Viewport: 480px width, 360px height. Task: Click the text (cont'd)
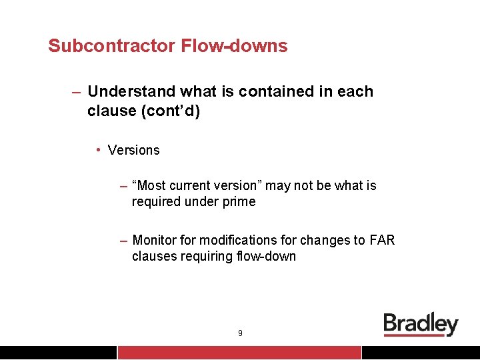tap(170, 111)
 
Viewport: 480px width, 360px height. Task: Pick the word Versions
tap(133, 150)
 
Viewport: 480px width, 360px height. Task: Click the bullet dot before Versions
tap(98, 150)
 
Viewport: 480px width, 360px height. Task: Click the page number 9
tap(240, 333)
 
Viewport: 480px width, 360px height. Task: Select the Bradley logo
tap(421, 325)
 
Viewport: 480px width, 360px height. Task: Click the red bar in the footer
tap(239, 353)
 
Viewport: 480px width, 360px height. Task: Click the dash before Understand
tap(77, 91)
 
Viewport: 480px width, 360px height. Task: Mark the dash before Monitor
tap(124, 240)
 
